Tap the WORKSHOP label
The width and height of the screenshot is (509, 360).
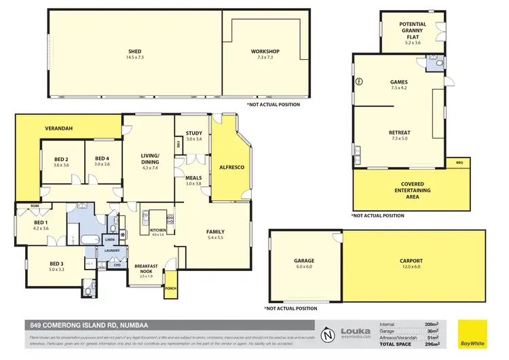(265, 52)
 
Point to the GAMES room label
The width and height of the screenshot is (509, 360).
(398, 82)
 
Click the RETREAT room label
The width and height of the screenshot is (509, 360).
(398, 132)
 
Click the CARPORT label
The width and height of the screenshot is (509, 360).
(411, 261)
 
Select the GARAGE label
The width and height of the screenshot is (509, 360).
(303, 259)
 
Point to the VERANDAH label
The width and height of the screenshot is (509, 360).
(59, 128)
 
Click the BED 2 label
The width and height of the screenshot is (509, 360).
(62, 160)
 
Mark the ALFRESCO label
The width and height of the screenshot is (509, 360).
(231, 166)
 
